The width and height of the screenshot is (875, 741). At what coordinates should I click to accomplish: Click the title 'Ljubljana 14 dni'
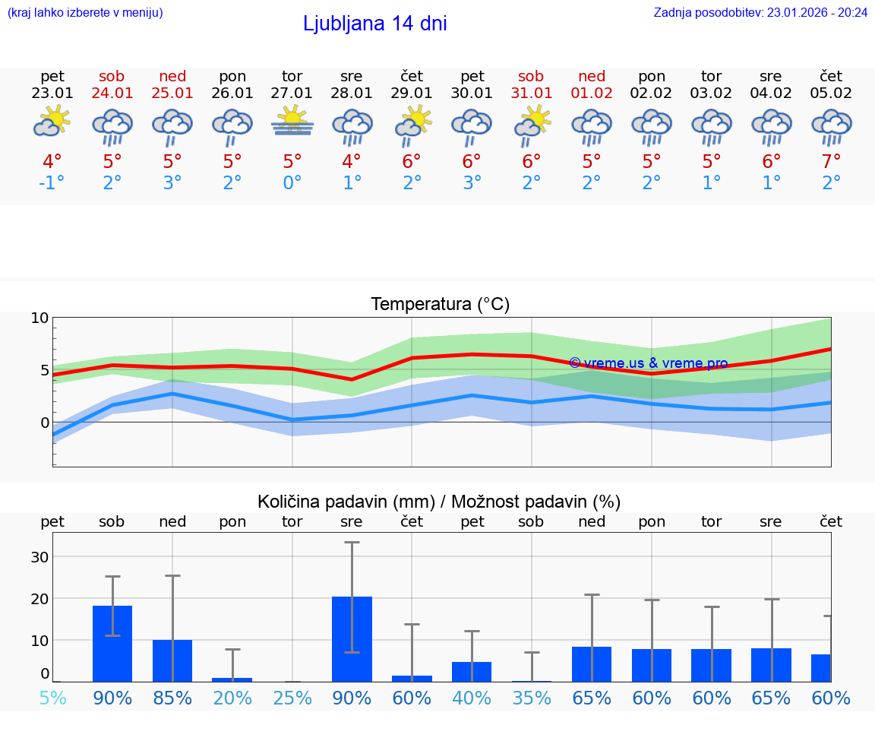374,24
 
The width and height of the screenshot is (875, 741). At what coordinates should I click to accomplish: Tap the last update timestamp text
760,12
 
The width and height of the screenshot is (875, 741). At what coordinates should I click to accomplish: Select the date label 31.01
531,93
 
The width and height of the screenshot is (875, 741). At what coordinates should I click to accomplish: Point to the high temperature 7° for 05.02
831,161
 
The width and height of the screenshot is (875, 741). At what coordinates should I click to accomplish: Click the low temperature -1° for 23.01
52,183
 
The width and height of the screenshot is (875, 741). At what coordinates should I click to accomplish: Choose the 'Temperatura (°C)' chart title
440,305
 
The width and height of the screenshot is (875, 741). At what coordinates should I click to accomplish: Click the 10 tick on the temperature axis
39,318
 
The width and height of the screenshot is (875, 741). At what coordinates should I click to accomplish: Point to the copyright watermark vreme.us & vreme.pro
648,363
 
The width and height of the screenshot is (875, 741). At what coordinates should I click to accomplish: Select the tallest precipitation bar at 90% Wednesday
352,638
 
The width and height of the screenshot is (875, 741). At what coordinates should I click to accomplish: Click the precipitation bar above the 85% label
172,660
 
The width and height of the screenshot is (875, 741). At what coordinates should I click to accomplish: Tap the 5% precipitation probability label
52,698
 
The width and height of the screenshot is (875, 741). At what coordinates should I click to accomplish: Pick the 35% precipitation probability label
531,698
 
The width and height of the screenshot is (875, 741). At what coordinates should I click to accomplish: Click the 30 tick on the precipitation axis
39,556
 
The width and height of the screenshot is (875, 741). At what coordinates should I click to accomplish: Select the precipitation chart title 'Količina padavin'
439,502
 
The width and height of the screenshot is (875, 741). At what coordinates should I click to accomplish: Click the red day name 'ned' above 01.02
592,76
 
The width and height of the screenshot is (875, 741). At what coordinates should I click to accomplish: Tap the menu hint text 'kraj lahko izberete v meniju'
85,12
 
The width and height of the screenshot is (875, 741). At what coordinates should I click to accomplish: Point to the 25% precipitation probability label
292,698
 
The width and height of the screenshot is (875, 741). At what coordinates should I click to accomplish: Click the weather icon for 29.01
412,124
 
